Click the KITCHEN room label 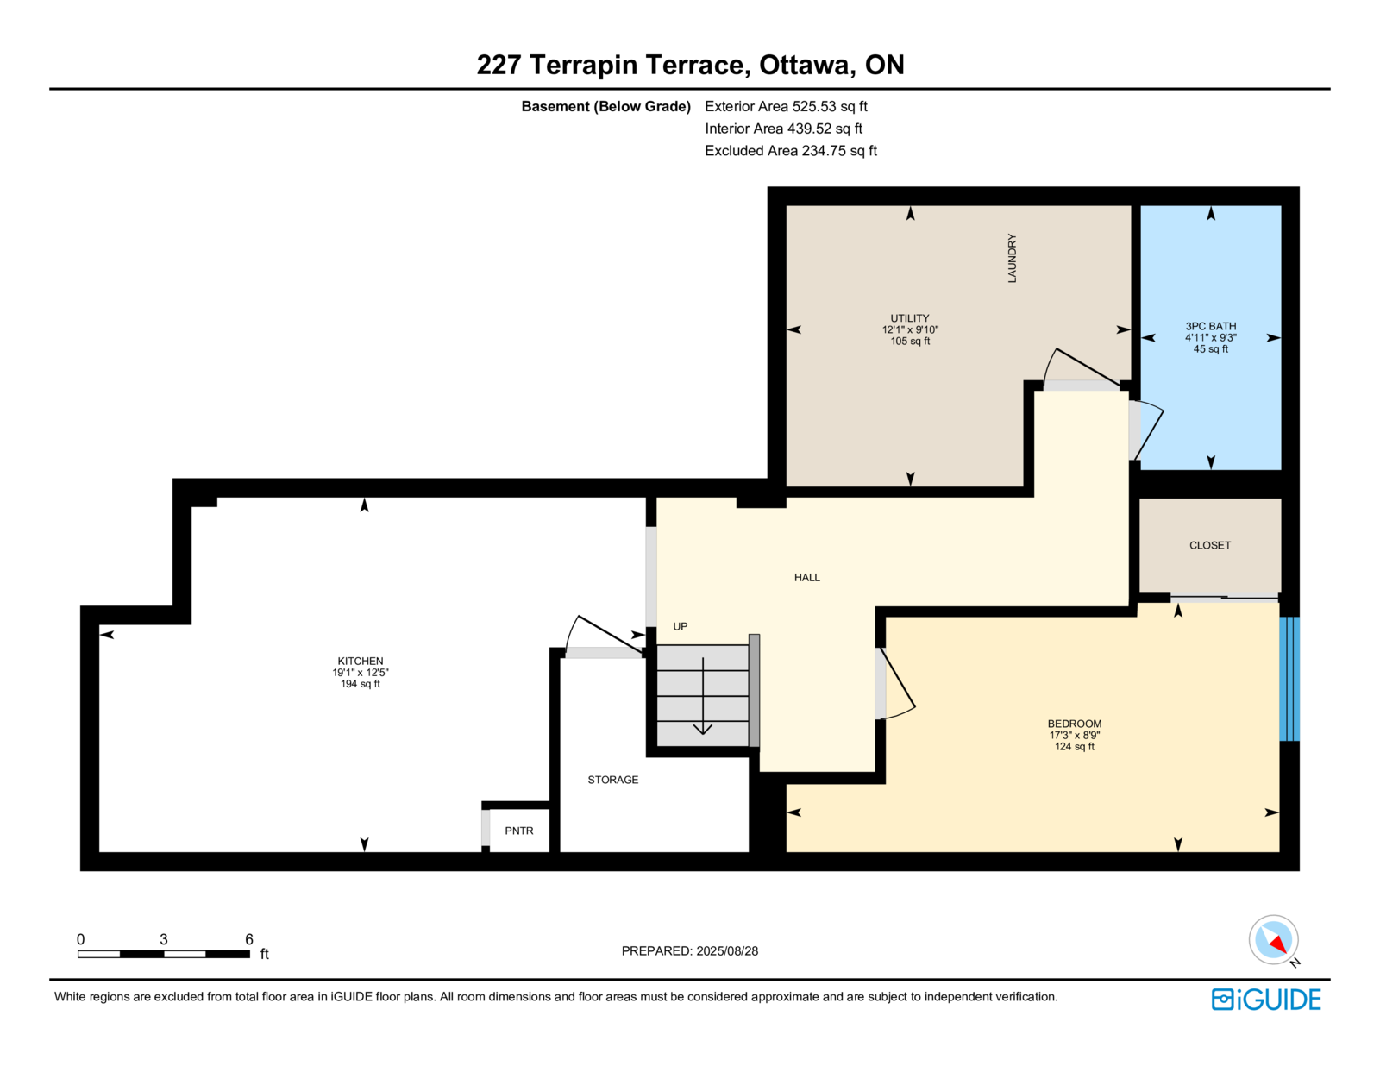(x=360, y=661)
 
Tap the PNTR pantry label (x=519, y=831)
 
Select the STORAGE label (x=613, y=780)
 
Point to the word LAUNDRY (x=1012, y=259)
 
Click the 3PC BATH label (x=1210, y=326)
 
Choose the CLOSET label (x=1210, y=545)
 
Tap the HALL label (x=807, y=577)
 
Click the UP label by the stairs (x=681, y=627)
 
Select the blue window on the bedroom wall (x=1289, y=679)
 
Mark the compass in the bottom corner (x=1273, y=940)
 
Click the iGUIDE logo (x=1265, y=1000)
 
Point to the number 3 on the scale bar (x=164, y=939)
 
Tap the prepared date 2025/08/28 (x=727, y=951)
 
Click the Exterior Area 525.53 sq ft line (x=786, y=107)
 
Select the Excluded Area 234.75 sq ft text (x=791, y=151)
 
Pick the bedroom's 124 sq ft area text (x=1075, y=747)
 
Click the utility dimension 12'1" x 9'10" (x=910, y=329)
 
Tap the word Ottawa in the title (x=803, y=66)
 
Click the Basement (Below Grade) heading (x=605, y=107)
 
